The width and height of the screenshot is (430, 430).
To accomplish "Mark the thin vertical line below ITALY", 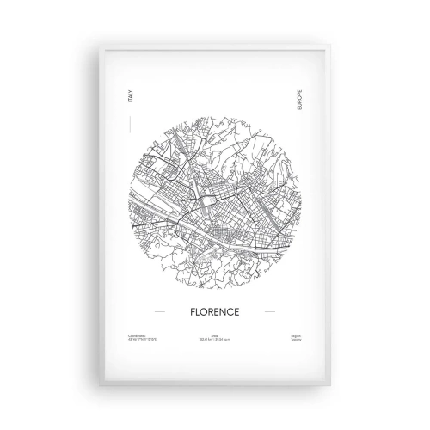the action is pyautogui.click(x=129, y=126).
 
